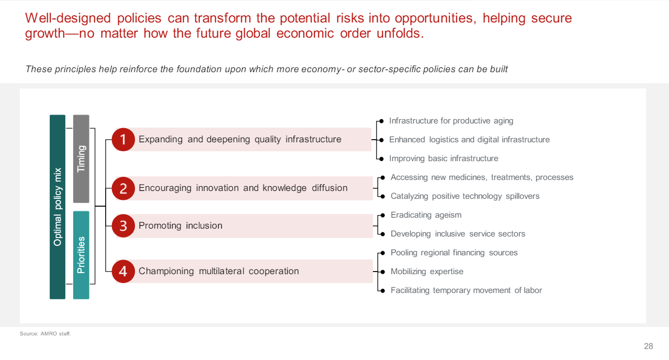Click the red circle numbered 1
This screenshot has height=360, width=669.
tap(123, 139)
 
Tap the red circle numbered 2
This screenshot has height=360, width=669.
tap(123, 188)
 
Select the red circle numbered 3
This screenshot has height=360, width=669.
tap(123, 226)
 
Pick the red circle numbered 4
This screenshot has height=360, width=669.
tap(123, 271)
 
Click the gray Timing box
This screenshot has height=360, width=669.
tap(81, 159)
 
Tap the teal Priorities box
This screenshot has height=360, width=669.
tap(81, 255)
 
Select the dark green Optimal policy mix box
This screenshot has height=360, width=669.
tap(58, 207)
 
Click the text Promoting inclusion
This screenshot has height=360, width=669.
tap(180, 226)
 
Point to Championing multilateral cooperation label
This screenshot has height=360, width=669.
tap(219, 271)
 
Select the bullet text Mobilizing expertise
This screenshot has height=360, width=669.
tap(427, 272)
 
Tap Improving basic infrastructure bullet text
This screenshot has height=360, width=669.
tap(444, 159)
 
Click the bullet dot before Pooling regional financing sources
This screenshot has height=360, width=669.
tap(383, 253)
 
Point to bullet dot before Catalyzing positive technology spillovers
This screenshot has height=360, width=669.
tap(383, 196)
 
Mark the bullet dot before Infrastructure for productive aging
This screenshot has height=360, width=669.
tap(382, 121)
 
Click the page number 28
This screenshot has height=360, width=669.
tap(649, 346)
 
